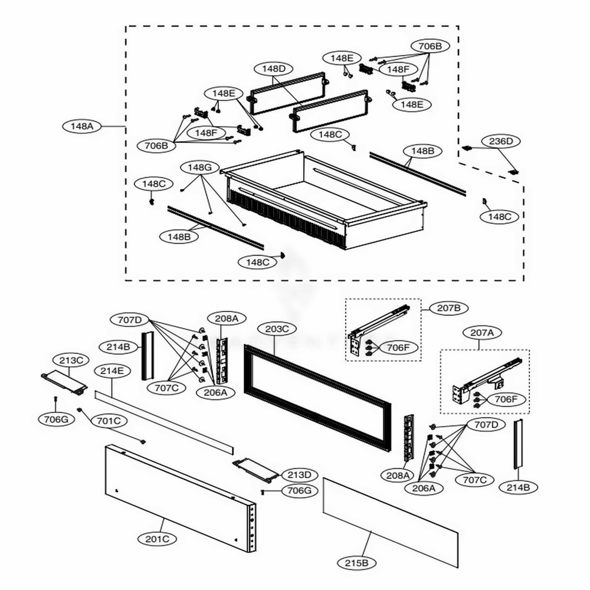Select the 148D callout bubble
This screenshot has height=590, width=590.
tap(273, 69)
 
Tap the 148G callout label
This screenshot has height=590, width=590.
tap(199, 168)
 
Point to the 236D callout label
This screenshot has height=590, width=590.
tap(501, 141)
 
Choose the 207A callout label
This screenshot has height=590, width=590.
tap(481, 333)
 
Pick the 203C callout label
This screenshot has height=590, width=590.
tap(277, 329)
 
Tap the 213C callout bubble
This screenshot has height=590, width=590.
tap(71, 360)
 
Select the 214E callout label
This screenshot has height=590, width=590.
tap(112, 371)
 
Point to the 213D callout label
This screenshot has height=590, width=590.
tap(299, 474)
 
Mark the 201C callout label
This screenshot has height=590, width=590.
tap(157, 538)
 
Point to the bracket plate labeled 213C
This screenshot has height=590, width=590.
tap(64, 382)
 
